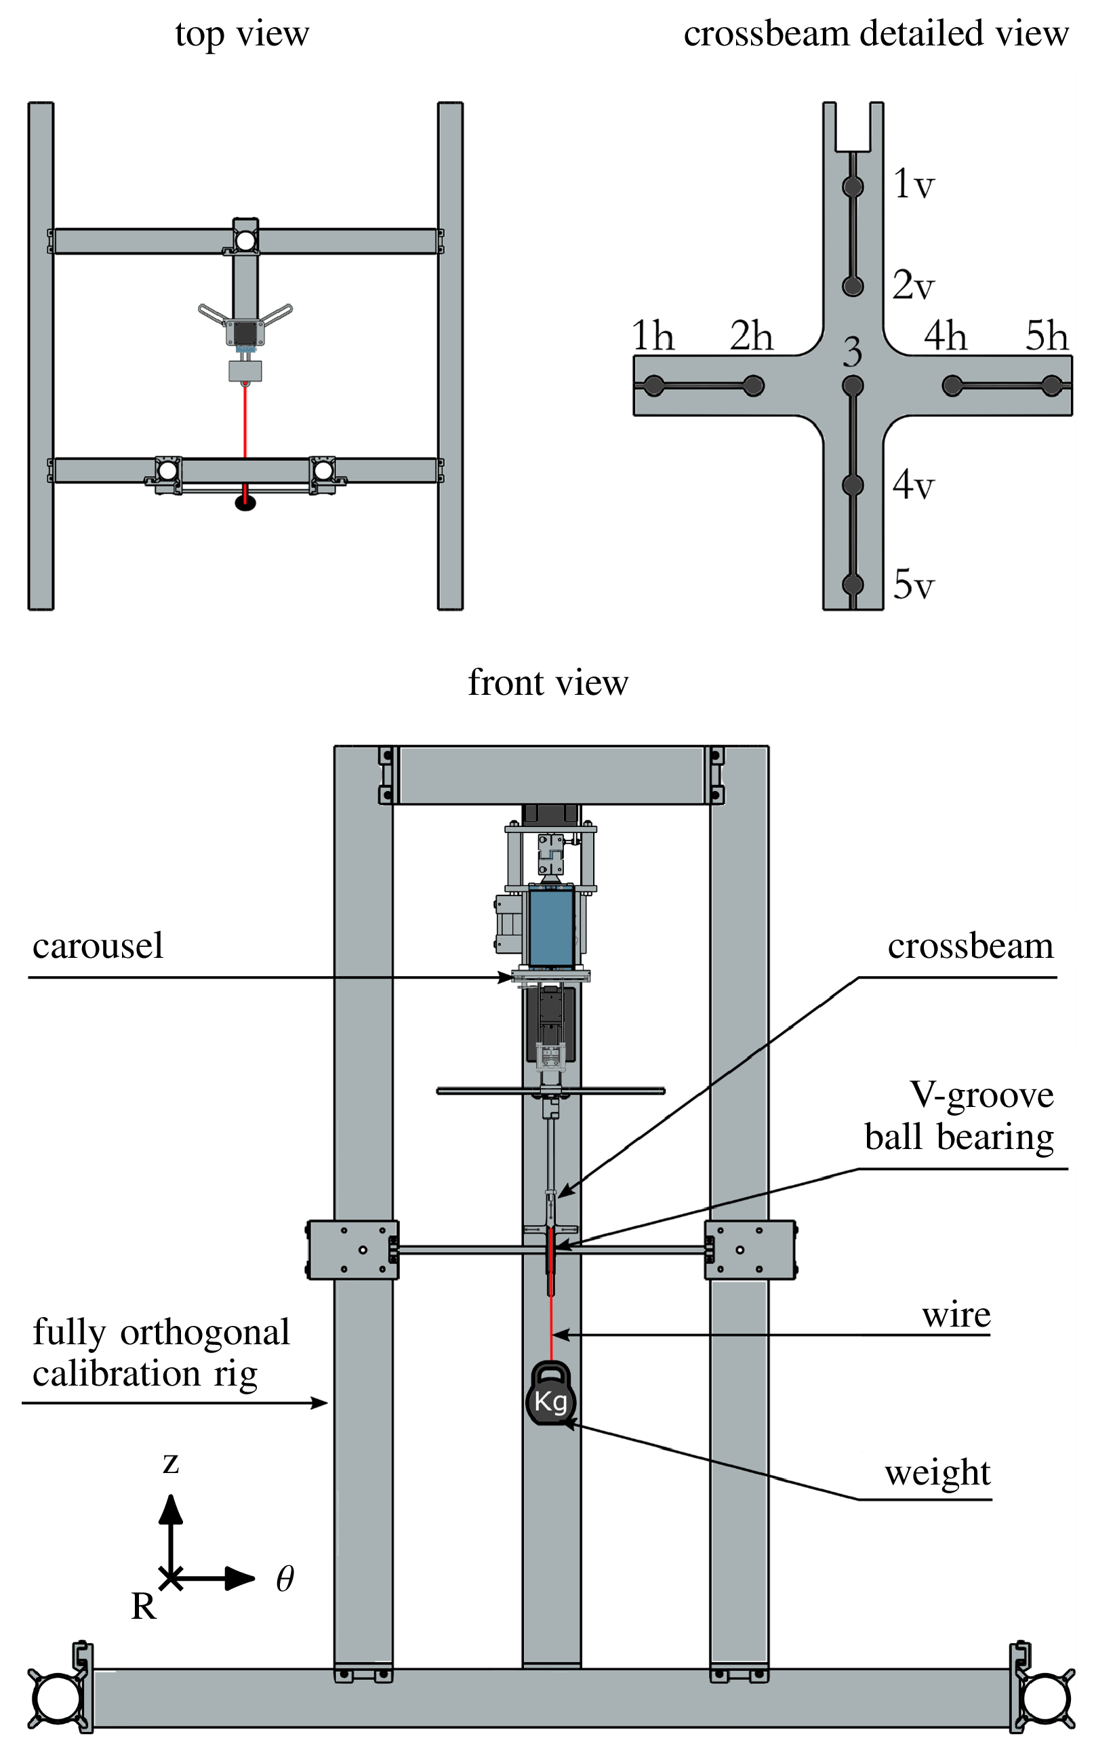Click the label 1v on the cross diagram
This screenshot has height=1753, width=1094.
click(913, 184)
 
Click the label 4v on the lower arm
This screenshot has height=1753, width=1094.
click(913, 484)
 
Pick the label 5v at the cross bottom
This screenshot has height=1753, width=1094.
click(913, 584)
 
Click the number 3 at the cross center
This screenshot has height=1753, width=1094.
click(852, 352)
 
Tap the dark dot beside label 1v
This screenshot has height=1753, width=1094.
click(853, 186)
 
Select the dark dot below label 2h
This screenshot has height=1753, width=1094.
click(753, 386)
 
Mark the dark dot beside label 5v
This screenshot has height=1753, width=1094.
click(853, 584)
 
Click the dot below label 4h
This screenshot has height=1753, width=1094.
click(952, 386)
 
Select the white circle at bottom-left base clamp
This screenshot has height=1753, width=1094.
click(57, 1698)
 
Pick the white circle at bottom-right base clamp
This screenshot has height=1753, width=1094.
click(1045, 1698)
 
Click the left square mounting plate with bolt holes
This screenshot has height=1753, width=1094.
click(353, 1250)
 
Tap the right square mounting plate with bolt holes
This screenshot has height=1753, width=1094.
click(750, 1250)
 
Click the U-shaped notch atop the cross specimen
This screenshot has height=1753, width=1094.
click(853, 127)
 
